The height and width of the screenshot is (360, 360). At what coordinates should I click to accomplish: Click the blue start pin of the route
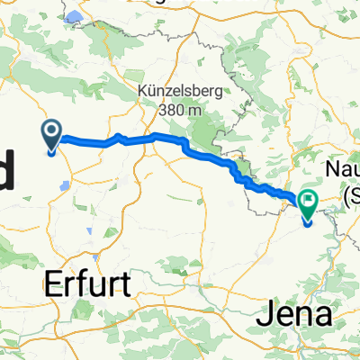click(51, 137)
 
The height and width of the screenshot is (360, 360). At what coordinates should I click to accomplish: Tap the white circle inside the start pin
click(51, 133)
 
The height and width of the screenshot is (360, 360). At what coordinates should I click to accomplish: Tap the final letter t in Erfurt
click(125, 285)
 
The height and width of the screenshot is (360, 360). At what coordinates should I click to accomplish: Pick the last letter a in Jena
click(327, 315)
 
